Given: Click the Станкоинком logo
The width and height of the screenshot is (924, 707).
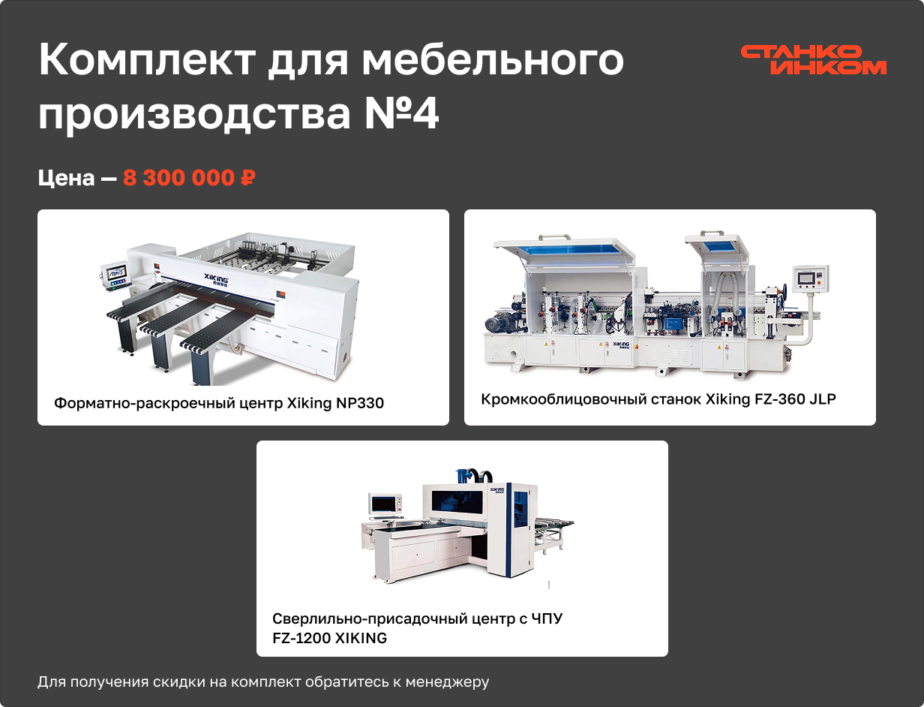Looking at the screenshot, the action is [x=813, y=60].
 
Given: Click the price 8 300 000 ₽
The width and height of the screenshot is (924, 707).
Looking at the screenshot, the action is [x=189, y=178].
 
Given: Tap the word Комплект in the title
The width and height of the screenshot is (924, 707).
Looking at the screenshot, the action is [x=147, y=60].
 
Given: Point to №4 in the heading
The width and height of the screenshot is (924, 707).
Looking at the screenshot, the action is [x=401, y=113].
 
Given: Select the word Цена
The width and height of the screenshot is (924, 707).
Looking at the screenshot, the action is [x=66, y=179].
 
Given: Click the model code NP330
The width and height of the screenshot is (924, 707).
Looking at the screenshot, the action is [x=360, y=403].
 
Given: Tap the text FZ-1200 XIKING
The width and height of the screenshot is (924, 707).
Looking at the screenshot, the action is [x=329, y=638].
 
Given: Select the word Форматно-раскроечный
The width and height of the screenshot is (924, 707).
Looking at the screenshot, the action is [x=145, y=403].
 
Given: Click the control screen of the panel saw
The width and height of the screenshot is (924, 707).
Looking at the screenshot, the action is [x=115, y=272].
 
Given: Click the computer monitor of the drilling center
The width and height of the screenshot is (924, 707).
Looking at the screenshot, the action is [x=382, y=504].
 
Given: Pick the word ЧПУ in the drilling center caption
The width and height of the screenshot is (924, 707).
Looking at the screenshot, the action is [x=547, y=618].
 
